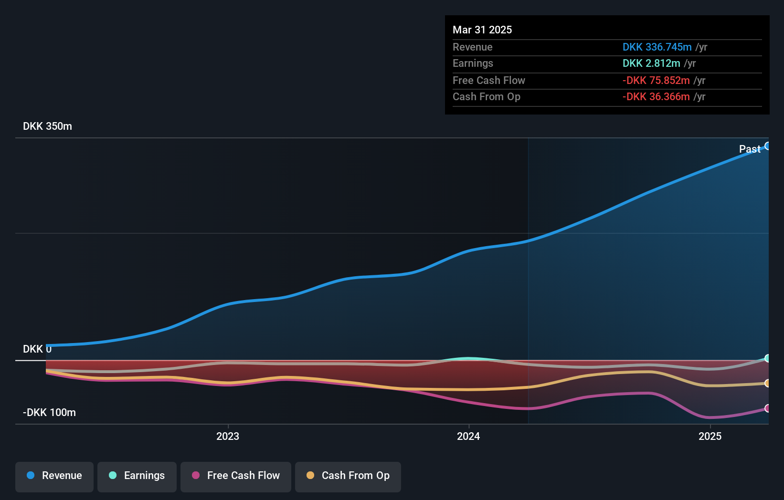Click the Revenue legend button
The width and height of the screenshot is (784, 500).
click(54, 476)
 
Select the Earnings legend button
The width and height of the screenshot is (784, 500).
click(137, 476)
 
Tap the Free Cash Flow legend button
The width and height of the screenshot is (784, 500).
click(236, 476)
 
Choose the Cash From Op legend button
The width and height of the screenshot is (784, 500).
click(348, 476)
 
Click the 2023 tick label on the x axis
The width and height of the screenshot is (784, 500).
click(228, 436)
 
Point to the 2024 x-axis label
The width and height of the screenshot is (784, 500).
click(468, 436)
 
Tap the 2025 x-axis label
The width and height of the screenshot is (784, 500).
click(710, 436)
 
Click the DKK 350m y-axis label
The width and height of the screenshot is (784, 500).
click(47, 126)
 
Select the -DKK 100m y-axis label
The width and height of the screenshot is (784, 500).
click(49, 413)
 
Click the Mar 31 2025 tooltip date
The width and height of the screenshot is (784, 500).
click(482, 30)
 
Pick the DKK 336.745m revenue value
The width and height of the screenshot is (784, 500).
click(657, 47)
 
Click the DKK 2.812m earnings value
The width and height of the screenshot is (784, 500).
click(651, 63)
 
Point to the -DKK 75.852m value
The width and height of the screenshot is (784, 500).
click(656, 80)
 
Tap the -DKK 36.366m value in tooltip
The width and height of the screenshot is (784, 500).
click(656, 96)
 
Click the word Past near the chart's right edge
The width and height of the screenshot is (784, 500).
click(750, 149)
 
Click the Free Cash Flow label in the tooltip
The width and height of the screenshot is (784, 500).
click(488, 80)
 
